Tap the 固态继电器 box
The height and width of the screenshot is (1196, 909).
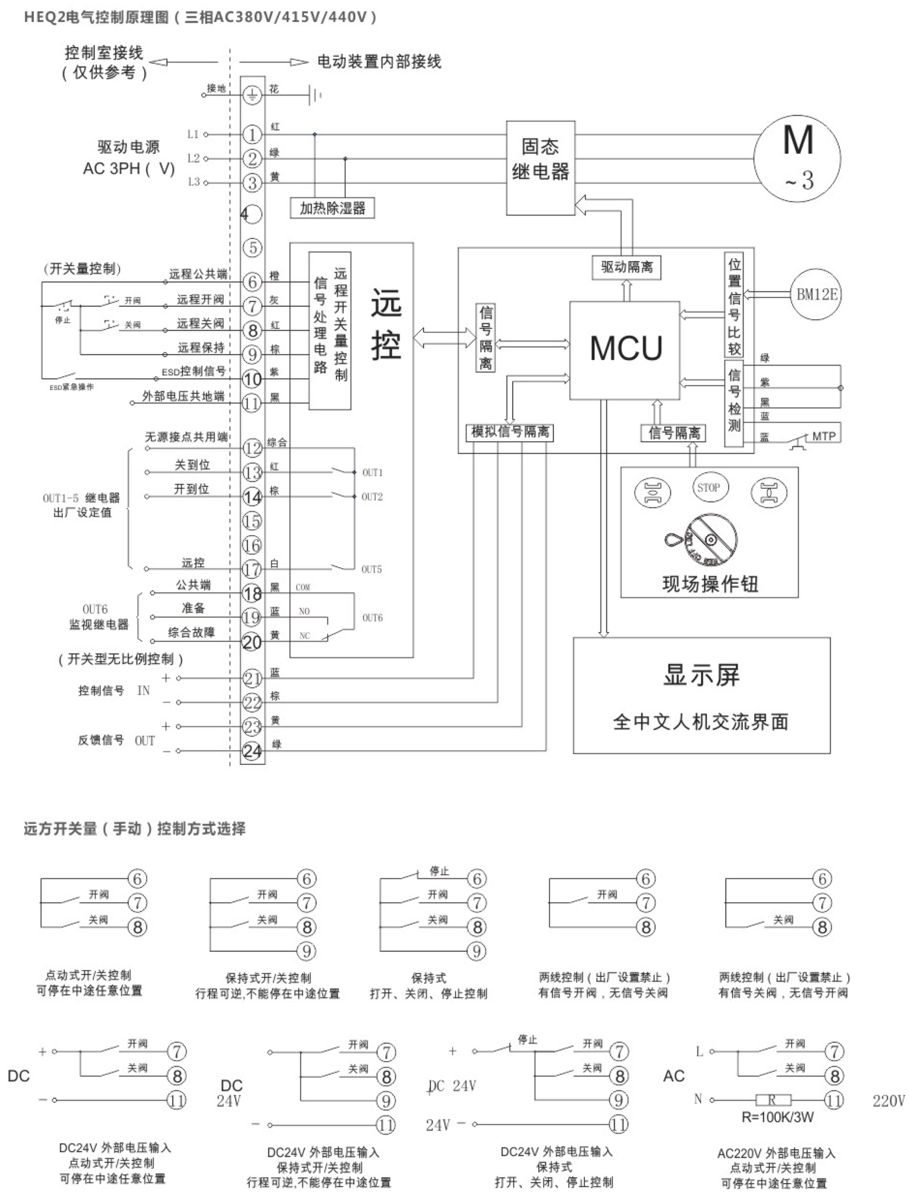(x=540, y=167)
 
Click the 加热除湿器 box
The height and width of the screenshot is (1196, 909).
(x=332, y=208)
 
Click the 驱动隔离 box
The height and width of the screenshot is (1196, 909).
(x=627, y=267)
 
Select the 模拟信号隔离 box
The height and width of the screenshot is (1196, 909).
(x=510, y=432)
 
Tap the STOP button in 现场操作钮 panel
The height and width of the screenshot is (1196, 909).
(x=708, y=488)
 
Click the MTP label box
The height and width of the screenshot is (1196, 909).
(x=823, y=436)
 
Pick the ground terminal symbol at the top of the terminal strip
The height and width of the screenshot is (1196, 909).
(x=252, y=95)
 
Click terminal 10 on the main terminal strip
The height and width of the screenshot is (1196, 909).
(x=252, y=379)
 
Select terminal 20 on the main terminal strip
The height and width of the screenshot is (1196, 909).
(x=252, y=642)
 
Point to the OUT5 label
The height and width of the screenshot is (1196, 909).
(x=371, y=570)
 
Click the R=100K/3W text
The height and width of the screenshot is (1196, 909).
(x=777, y=1117)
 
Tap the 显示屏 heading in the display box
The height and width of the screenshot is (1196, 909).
(x=701, y=676)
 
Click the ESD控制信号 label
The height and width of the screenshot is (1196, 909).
(x=193, y=371)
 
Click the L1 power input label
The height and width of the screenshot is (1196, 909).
(x=193, y=134)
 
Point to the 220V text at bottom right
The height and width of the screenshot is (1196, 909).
(x=888, y=1101)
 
